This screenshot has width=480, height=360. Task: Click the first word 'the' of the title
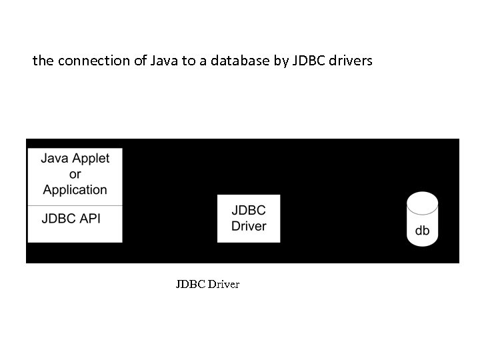[43, 61]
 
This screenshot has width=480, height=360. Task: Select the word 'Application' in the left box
[75, 189]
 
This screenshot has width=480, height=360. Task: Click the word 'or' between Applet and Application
[75, 174]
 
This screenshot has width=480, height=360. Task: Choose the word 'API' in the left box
[89, 218]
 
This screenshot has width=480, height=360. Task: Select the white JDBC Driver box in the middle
[249, 218]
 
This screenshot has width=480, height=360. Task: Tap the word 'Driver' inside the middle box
[249, 226]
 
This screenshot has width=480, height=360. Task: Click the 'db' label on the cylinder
[422, 231]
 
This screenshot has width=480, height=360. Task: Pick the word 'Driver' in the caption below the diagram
[223, 285]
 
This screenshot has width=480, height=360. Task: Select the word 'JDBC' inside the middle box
[249, 210]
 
